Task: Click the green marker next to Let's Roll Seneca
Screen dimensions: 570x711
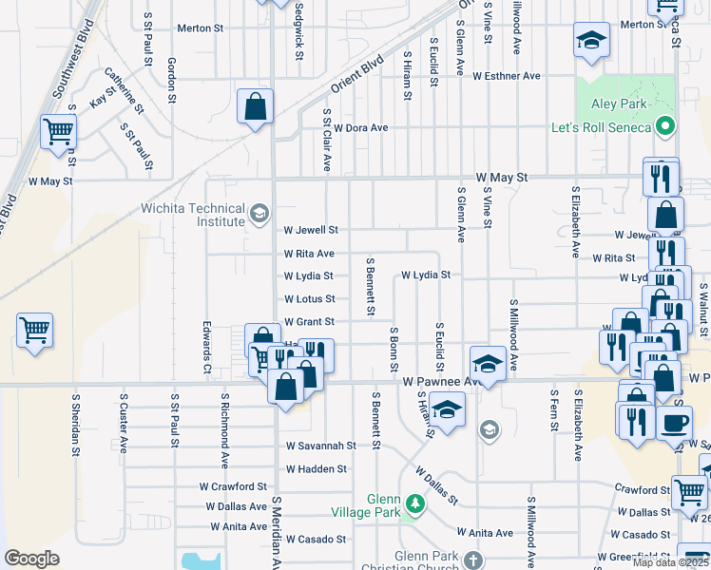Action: [x=666, y=127]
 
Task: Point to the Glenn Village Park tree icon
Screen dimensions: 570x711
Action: [x=413, y=502]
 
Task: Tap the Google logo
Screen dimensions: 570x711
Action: [x=31, y=559]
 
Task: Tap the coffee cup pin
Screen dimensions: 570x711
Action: [x=674, y=423]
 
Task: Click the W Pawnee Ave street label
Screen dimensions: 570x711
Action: [x=435, y=380]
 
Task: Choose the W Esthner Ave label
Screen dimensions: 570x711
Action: [x=507, y=75]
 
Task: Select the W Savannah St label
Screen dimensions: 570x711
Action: [x=321, y=445]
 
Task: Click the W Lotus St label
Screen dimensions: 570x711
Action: [x=309, y=299]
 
